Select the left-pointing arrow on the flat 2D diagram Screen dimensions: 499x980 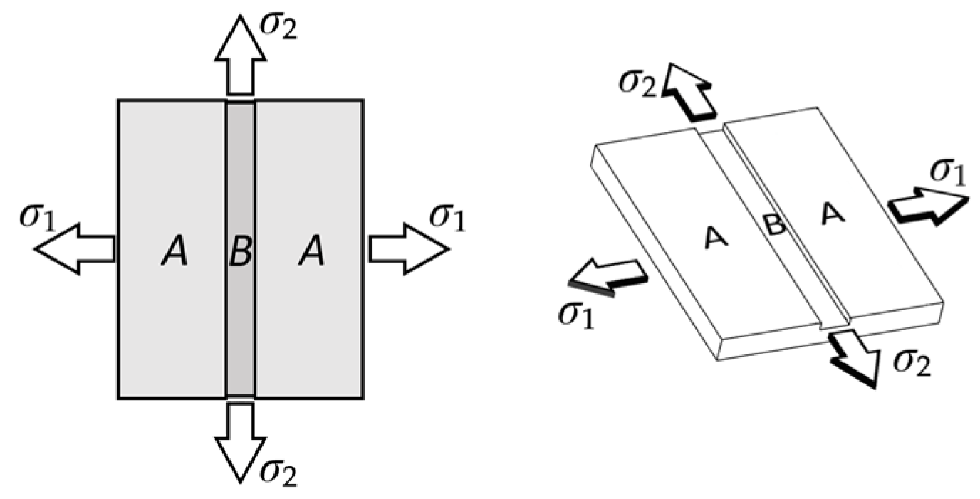point(75,248)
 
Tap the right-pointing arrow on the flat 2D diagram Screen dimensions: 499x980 point(408,248)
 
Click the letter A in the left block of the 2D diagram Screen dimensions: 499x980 point(173,253)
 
